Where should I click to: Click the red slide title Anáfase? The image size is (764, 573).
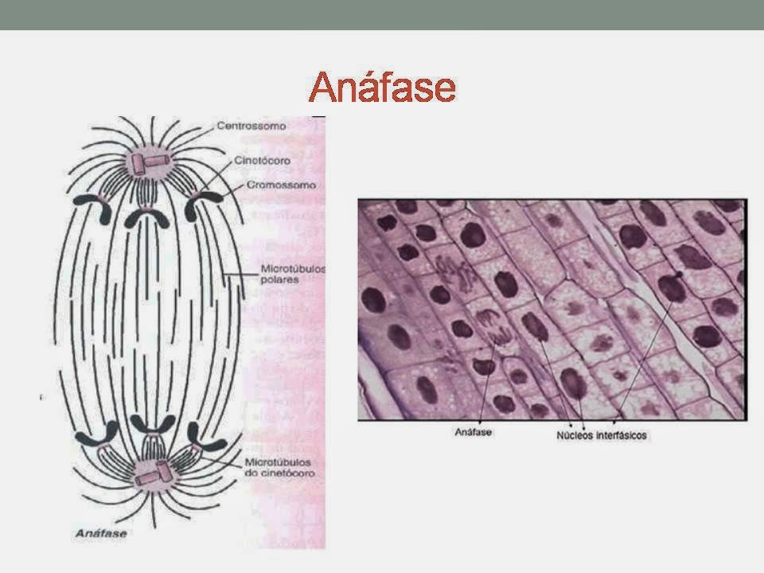tap(383, 87)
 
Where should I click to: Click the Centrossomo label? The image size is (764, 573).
tap(251, 126)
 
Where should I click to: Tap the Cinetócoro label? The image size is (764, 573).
tap(262, 160)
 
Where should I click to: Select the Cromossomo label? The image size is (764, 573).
tap(281, 185)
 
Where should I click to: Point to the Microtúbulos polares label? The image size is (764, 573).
tap(293, 275)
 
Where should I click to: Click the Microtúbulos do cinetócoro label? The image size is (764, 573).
tap(279, 468)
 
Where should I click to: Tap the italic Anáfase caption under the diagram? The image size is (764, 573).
tap(101, 533)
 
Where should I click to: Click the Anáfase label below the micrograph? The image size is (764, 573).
tap(473, 432)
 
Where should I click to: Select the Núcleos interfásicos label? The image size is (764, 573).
tap(602, 435)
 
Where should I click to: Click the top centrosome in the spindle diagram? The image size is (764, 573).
tap(148, 162)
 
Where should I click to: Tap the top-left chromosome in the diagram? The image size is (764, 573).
tap(94, 207)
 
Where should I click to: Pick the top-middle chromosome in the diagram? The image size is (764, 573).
tap(146, 218)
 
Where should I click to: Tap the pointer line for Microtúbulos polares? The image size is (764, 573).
tap(241, 275)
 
